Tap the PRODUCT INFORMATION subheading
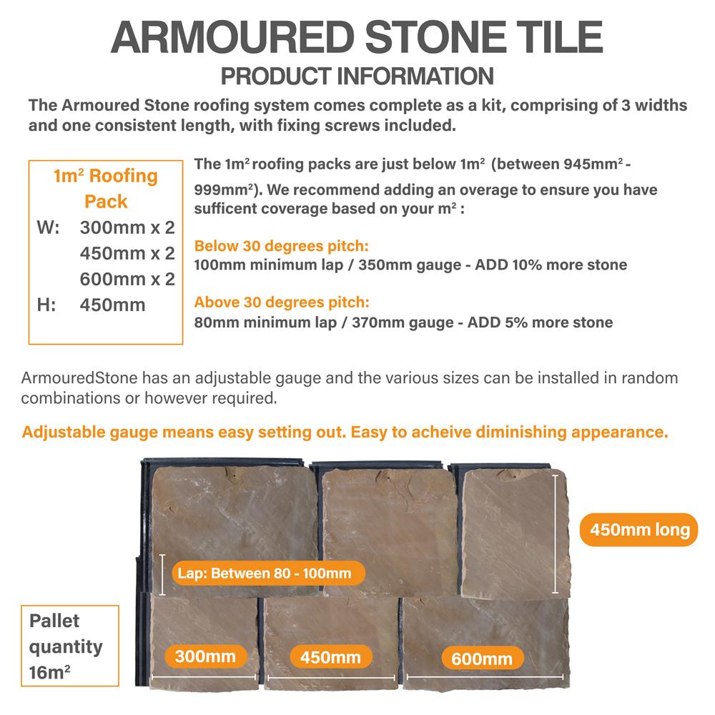pos(357,76)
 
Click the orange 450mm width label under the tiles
pos(330,656)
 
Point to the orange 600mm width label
pos(481,659)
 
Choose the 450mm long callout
pos(638,530)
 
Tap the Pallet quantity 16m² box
pos(69,646)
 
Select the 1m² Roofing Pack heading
pos(105,188)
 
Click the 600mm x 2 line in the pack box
pos(127,279)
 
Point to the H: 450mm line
pos(92,305)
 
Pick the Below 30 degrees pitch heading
pos(281,247)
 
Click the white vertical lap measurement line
pos(163,574)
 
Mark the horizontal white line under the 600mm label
pos(486,676)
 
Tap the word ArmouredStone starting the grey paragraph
pos(79,378)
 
